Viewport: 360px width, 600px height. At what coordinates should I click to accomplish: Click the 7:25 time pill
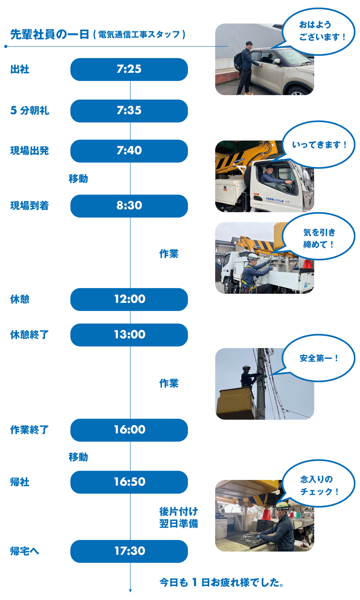point(129,69)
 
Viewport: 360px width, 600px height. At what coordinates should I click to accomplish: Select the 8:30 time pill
point(129,206)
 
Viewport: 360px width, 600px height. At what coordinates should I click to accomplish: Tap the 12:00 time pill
point(129,299)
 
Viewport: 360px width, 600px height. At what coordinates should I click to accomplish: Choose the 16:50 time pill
point(129,482)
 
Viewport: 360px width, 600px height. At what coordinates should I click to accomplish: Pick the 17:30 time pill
point(129,551)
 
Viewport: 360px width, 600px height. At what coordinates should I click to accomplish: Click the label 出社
point(20,69)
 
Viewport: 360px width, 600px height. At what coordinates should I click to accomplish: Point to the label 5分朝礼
point(30,111)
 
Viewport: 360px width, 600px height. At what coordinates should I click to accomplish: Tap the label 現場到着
point(29,206)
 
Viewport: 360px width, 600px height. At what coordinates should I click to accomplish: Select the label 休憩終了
point(29,335)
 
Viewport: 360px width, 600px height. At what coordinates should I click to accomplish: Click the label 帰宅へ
point(24,551)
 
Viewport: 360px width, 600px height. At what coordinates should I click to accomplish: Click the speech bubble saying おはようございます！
point(319,31)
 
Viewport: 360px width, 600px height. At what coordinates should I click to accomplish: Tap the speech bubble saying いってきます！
point(319,145)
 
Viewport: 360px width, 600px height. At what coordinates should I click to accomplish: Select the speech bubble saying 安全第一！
point(319,358)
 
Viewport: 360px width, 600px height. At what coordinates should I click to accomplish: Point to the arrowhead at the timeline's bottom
point(130,590)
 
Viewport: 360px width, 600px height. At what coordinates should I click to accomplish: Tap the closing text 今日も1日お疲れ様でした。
point(221,583)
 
